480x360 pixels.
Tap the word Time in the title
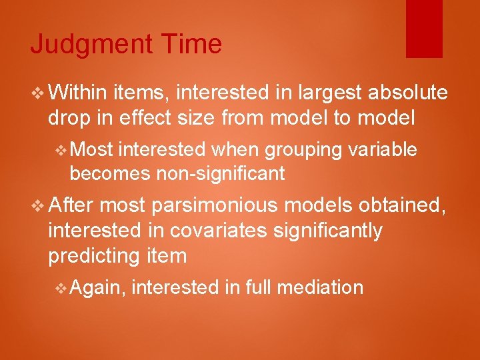191,44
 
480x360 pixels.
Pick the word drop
71,118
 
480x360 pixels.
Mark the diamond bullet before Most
61,151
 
